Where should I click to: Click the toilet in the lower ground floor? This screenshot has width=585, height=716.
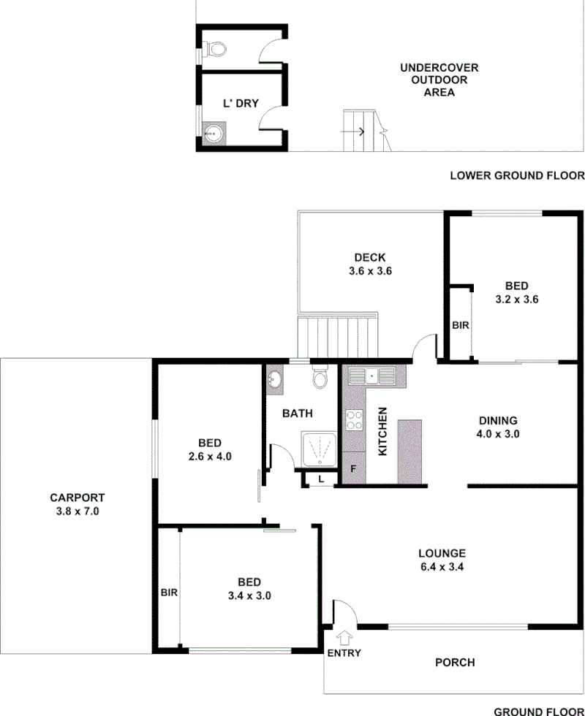click(215, 49)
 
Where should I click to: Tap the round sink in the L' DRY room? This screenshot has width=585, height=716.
click(213, 134)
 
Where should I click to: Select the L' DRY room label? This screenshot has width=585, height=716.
click(241, 104)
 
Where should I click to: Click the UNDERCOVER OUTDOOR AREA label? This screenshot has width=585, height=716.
click(439, 80)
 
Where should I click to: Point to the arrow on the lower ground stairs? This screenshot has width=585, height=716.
click(360, 132)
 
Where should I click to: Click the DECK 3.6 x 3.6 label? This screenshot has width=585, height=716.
click(369, 264)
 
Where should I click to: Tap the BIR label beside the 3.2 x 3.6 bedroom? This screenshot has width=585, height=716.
click(460, 325)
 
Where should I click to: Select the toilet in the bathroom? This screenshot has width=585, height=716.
click(320, 378)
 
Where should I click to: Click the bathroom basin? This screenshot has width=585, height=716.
click(275, 378)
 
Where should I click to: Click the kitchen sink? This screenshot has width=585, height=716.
click(371, 376)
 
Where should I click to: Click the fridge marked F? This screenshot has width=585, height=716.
click(354, 468)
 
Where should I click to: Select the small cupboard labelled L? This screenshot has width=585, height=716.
click(321, 479)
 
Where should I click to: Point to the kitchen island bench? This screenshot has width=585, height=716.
click(410, 451)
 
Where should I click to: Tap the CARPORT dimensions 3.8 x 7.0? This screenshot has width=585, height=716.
click(77, 512)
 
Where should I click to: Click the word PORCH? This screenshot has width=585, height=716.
click(455, 663)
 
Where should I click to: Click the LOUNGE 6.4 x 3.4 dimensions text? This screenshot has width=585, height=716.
click(442, 565)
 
